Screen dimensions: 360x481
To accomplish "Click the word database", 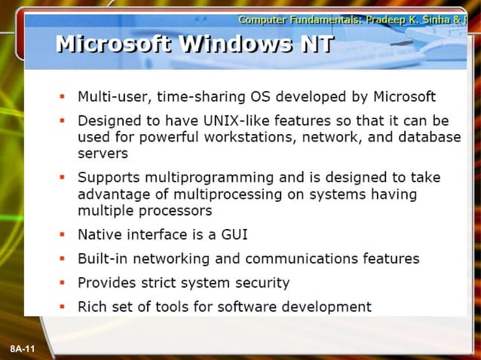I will (x=427, y=136).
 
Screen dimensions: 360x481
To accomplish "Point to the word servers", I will (x=103, y=153).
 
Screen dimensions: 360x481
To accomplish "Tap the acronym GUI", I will (x=231, y=234).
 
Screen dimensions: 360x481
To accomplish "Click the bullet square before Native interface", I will (x=63, y=234).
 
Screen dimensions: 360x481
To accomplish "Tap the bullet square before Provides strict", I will (x=63, y=282).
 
